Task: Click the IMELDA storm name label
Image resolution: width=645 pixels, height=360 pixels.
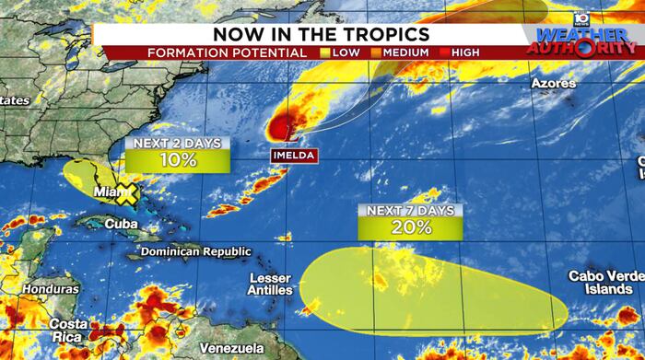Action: click(x=294, y=155)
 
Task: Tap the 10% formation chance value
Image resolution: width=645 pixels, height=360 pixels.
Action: click(x=177, y=160)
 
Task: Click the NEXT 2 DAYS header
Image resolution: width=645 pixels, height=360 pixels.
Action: click(x=177, y=143)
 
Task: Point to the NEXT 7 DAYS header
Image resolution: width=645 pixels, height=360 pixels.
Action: click(x=410, y=211)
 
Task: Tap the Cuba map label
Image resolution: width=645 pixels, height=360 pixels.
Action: click(x=121, y=224)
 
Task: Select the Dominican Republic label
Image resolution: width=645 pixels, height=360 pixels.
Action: click(x=195, y=251)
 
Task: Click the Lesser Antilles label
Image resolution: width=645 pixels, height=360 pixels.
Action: click(x=270, y=284)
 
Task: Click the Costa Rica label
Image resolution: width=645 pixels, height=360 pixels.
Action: click(x=69, y=331)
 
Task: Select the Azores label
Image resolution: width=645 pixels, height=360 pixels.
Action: click(x=554, y=84)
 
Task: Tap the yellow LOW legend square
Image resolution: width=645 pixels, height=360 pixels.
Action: click(x=324, y=52)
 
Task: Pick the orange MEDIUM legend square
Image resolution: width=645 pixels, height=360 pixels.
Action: click(x=375, y=52)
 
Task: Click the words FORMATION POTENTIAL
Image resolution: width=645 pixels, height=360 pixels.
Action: click(x=228, y=52)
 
